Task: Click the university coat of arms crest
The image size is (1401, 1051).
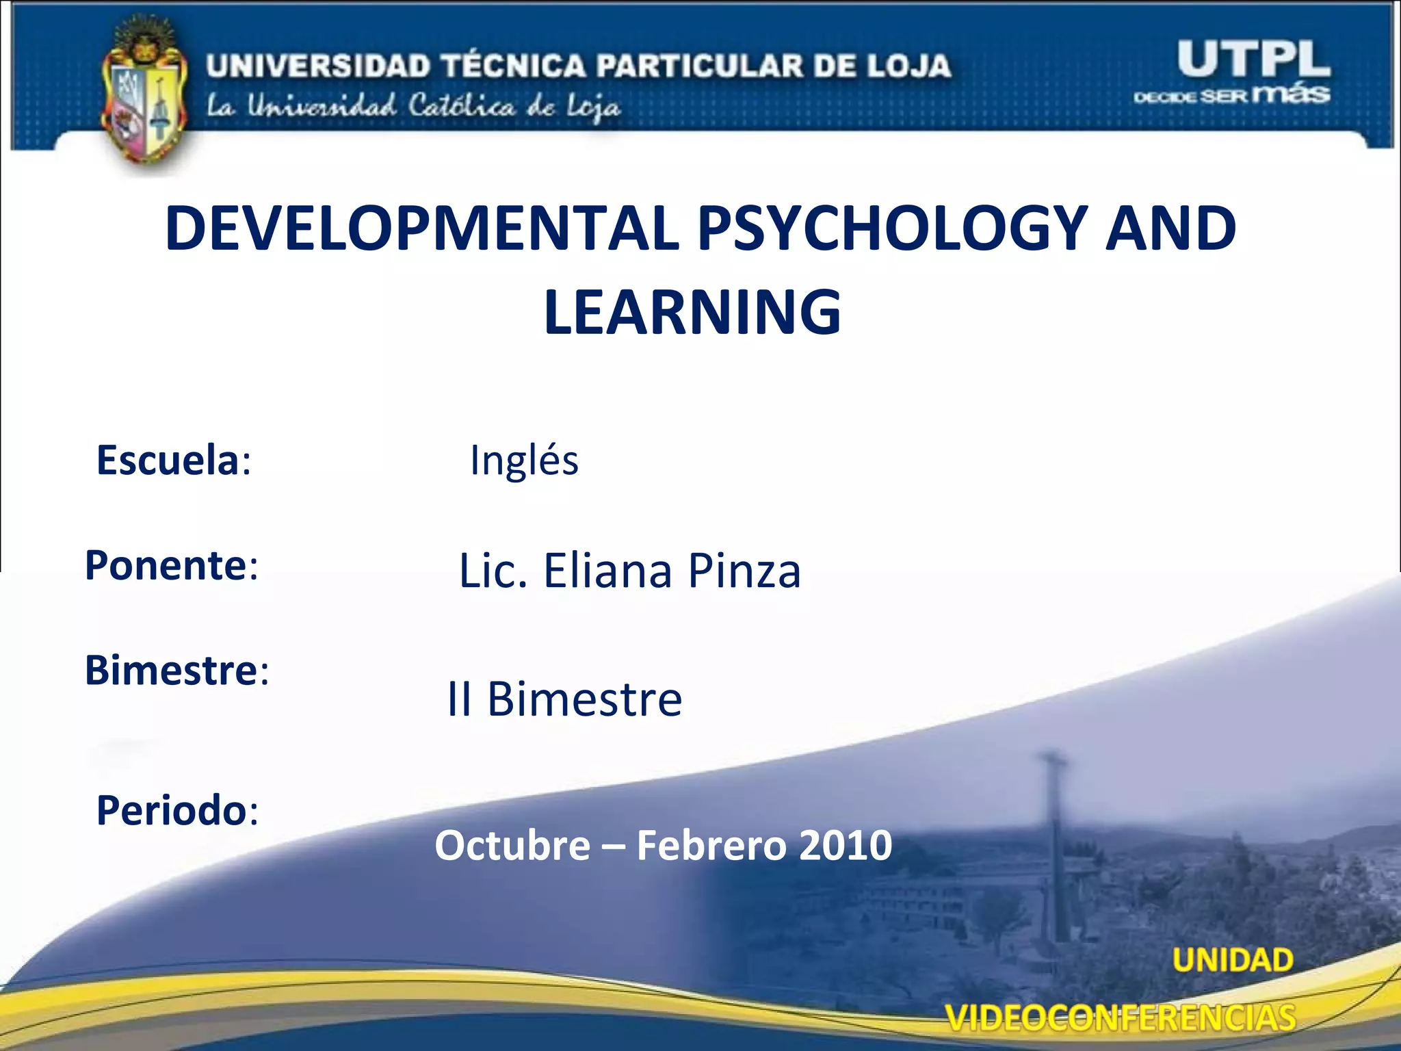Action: pos(144,96)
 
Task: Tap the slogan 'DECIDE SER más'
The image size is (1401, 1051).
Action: pos(1231,94)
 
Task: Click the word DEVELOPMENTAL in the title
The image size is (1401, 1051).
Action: pos(422,229)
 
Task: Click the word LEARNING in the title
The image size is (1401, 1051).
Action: pos(692,313)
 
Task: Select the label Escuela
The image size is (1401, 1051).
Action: pos(168,460)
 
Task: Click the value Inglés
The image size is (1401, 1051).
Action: pos(524,460)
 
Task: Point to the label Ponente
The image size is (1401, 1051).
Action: pos(166,565)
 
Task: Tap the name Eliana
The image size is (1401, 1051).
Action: pos(608,571)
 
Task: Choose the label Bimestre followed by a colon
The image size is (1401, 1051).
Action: pos(176,670)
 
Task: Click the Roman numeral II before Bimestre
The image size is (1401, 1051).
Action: pos(459,699)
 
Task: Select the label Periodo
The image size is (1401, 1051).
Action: pos(172,811)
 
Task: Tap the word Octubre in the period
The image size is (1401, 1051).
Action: pos(512,846)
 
